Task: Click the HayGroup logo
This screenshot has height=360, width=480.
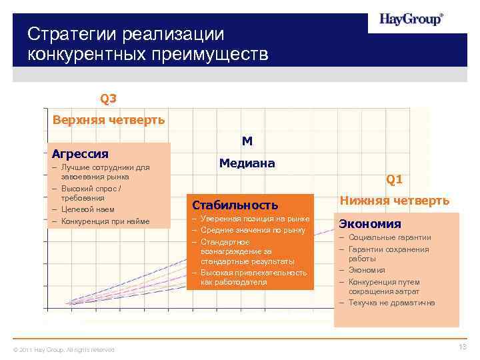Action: click(411, 19)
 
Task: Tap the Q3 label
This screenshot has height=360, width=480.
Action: click(108, 99)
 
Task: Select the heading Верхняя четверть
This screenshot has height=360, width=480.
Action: click(109, 120)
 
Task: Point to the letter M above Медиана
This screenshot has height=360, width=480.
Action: click(247, 141)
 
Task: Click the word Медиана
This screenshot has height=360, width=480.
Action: click(247, 163)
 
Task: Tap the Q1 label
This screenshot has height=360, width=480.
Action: click(394, 179)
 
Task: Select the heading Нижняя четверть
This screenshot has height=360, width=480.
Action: click(395, 200)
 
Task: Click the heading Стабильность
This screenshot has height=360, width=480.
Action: click(235, 204)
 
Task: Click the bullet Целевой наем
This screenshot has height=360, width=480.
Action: click(87, 209)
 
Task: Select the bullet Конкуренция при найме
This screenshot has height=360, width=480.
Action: click(105, 221)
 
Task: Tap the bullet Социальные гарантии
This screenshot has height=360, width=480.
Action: click(389, 237)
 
